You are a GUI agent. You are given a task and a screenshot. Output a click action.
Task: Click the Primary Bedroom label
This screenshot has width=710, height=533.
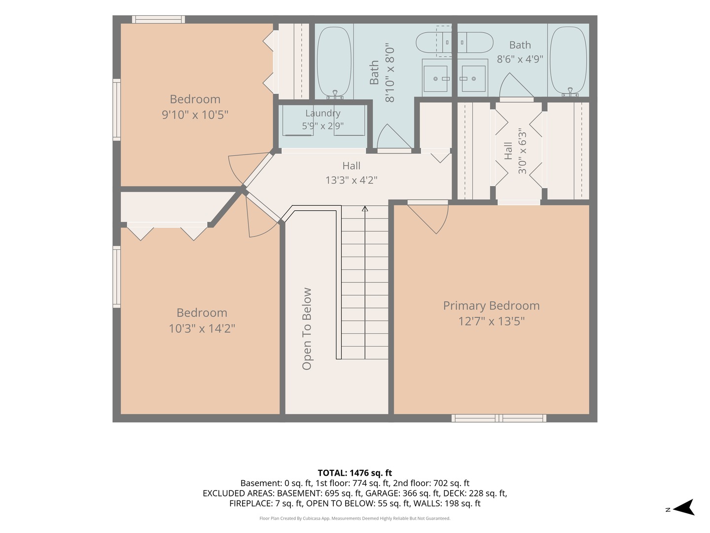[x=491, y=306]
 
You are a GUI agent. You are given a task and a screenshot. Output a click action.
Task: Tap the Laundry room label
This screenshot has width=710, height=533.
[x=323, y=114]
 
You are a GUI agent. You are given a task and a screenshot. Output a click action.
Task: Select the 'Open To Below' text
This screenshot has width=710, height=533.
[x=307, y=329]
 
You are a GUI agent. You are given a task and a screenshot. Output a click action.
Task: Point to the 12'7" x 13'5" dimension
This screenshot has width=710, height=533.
[x=491, y=321]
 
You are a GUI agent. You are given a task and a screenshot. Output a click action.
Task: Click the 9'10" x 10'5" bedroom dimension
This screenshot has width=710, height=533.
[x=195, y=114]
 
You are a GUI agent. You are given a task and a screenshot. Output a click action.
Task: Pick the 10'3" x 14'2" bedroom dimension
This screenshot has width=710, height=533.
[x=202, y=329]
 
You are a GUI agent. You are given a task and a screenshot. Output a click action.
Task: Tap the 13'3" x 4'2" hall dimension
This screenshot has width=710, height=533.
[x=351, y=180]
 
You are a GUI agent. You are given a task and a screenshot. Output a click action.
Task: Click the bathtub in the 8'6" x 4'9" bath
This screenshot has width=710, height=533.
[x=568, y=61]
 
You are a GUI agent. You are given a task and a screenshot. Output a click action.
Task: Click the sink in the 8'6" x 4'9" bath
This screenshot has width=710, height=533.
[x=473, y=78]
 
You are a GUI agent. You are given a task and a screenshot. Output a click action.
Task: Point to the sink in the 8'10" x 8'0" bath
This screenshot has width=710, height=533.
[x=435, y=78]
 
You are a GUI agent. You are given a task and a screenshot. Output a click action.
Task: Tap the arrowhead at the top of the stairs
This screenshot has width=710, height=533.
[x=365, y=208]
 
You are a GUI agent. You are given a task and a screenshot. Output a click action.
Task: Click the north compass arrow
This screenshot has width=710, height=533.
[x=684, y=507]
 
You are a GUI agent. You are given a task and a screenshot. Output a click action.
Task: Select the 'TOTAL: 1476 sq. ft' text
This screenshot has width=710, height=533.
[x=355, y=473]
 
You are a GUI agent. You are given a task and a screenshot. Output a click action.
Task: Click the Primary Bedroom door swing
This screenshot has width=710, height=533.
[x=427, y=217]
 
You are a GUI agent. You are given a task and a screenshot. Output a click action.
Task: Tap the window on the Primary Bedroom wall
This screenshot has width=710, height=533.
[x=499, y=418]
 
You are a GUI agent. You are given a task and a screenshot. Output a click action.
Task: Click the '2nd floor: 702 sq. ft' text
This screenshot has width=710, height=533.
[x=431, y=483]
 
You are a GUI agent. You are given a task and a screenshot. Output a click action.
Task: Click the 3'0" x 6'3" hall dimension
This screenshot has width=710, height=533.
[x=522, y=151]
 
